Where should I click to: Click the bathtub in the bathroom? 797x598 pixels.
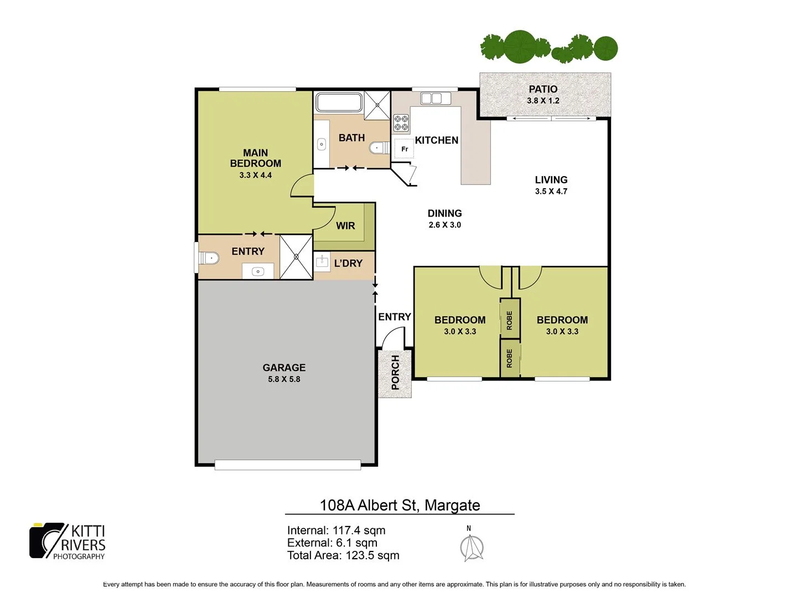pyautogui.click(x=339, y=102)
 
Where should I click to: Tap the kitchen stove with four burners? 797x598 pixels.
pyautogui.click(x=401, y=123)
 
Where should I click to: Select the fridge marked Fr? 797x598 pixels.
pyautogui.click(x=404, y=149)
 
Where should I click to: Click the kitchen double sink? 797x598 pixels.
pyautogui.click(x=432, y=99)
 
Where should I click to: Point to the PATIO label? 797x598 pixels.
pyautogui.click(x=543, y=89)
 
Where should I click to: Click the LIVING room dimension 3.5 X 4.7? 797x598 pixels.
pyautogui.click(x=551, y=192)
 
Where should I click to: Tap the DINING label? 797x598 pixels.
pyautogui.click(x=444, y=213)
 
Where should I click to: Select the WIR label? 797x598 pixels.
pyautogui.click(x=345, y=226)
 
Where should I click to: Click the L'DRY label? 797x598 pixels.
pyautogui.click(x=348, y=264)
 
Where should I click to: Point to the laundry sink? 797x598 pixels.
pyautogui.click(x=322, y=261)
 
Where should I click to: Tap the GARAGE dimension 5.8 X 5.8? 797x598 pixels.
pyautogui.click(x=284, y=379)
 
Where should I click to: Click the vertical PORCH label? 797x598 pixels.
pyautogui.click(x=395, y=373)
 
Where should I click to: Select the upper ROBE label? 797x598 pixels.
pyautogui.click(x=510, y=320)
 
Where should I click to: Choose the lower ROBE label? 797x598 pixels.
pyautogui.click(x=510, y=358)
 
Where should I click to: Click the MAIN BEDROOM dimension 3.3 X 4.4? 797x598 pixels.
pyautogui.click(x=255, y=175)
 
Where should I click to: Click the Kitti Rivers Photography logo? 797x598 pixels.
pyautogui.click(x=68, y=541)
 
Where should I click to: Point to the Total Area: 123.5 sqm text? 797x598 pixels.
pyautogui.click(x=343, y=555)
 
